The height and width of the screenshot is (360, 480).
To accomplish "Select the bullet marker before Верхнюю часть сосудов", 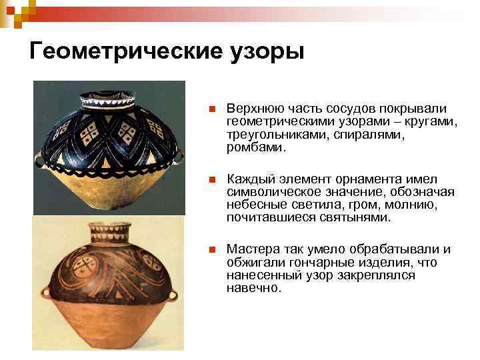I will pos(211,109).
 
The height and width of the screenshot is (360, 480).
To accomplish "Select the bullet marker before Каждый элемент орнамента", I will pos(211,180).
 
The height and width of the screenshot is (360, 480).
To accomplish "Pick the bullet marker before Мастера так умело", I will pos(211,250).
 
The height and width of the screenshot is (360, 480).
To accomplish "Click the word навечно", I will pos(253,287).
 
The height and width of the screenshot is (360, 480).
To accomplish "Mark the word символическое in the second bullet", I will pos(267,192).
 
